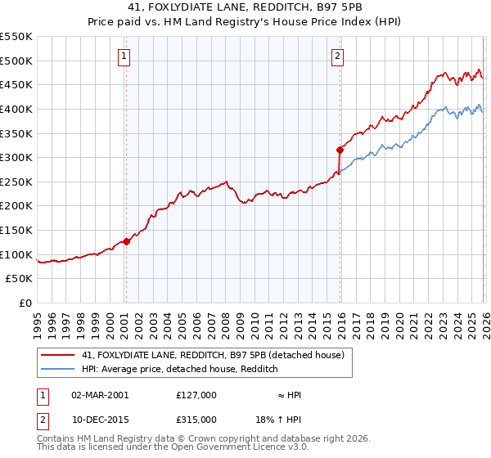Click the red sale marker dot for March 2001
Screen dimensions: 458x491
[126, 241]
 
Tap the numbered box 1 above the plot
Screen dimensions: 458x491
[124, 56]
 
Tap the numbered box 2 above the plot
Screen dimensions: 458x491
[337, 56]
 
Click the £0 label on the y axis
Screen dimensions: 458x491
[25, 303]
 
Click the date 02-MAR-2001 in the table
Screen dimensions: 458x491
[99, 395]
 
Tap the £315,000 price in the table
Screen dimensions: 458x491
[196, 419]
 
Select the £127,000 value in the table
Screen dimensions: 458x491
[196, 395]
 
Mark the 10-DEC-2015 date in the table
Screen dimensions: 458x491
[99, 419]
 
